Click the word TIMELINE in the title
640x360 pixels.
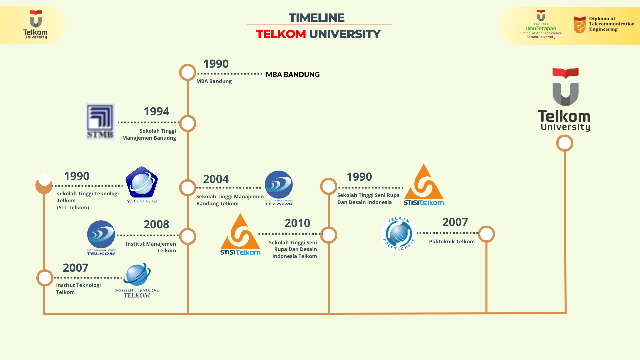coord(316,18)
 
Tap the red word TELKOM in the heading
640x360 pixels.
coord(281,34)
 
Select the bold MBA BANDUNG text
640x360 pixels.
coord(292,75)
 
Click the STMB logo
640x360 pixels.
coord(101,122)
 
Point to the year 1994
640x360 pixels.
coord(156,111)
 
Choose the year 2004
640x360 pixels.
coord(216,179)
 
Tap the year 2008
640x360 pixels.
coord(156,224)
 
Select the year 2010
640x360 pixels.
coord(297,223)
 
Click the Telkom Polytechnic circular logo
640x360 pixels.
coord(399,233)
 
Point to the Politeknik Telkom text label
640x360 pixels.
coord(452,242)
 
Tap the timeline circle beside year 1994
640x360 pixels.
coord(188,124)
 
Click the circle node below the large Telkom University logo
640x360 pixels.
coord(565,143)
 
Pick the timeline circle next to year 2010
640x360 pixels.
coord(329,235)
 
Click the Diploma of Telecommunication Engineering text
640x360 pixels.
coord(611,24)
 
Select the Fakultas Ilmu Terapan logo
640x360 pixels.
coord(541,24)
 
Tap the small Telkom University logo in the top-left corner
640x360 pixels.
coord(35,24)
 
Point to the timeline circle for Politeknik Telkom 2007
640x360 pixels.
coord(486,234)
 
